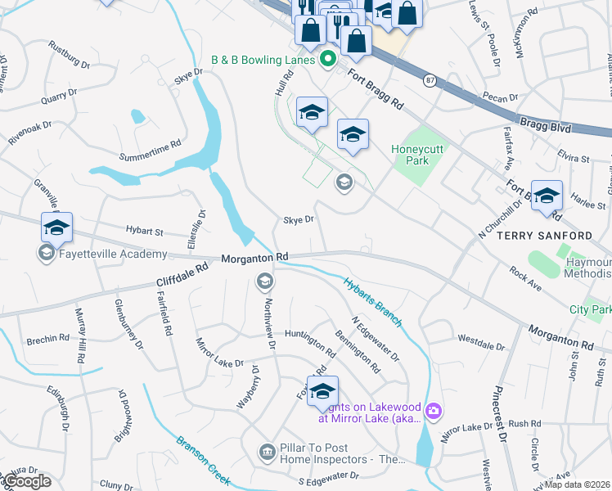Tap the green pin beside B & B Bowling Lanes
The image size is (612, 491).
(327, 59)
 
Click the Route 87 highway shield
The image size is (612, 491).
(430, 79)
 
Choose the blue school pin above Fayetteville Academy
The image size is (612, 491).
(56, 228)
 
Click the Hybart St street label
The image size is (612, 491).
(145, 231)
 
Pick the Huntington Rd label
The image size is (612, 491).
(310, 338)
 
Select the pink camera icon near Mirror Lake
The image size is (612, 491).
(434, 409)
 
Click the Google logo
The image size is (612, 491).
(27, 481)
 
